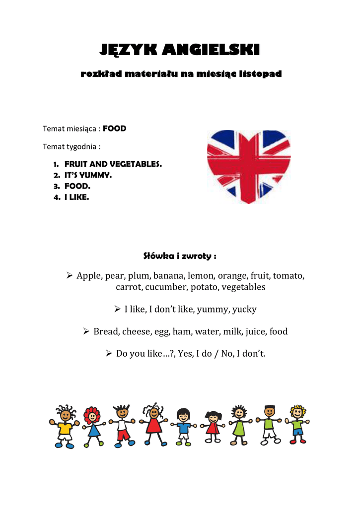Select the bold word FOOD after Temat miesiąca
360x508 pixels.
point(115,128)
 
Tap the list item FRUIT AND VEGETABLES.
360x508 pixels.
point(113,164)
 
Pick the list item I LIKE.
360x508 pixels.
point(77,197)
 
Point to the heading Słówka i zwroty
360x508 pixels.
point(180,256)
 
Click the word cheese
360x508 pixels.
point(136,331)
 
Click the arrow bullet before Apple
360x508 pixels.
point(70,275)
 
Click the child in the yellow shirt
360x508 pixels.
point(65,426)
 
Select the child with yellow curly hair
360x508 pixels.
point(297,425)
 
